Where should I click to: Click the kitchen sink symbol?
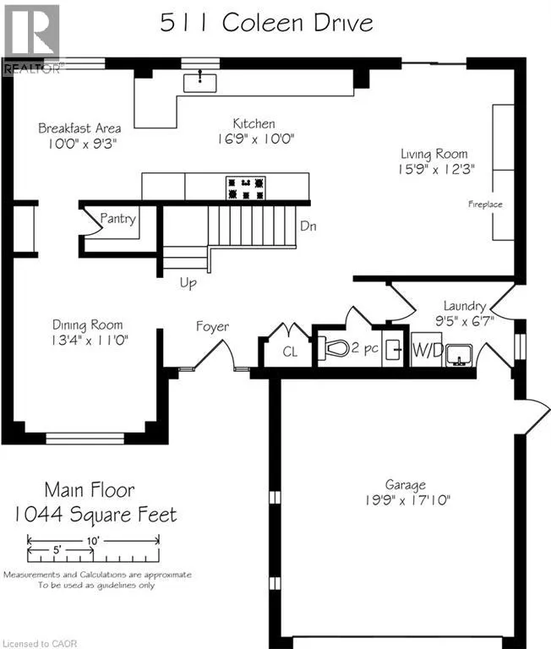tap(200, 83)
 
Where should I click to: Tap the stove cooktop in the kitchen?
tap(245, 188)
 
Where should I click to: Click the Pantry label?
tap(118, 219)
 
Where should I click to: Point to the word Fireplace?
tap(485, 204)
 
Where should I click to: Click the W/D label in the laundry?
tap(428, 351)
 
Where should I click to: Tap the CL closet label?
tap(290, 352)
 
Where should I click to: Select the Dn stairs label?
tap(308, 226)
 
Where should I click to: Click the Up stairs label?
tap(188, 284)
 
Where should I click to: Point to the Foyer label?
tap(212, 326)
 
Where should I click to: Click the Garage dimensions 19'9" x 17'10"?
tap(407, 500)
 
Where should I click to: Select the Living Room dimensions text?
tap(436, 169)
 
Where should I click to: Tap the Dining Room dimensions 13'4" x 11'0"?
tap(90, 341)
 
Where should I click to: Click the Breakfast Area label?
tap(79, 128)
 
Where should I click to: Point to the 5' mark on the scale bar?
tap(57, 550)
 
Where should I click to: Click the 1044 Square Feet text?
tap(95, 515)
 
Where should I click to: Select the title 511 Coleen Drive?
tap(266, 22)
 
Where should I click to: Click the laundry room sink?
tap(459, 356)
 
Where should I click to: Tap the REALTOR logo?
tap(32, 40)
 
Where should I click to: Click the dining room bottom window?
tap(85, 439)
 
